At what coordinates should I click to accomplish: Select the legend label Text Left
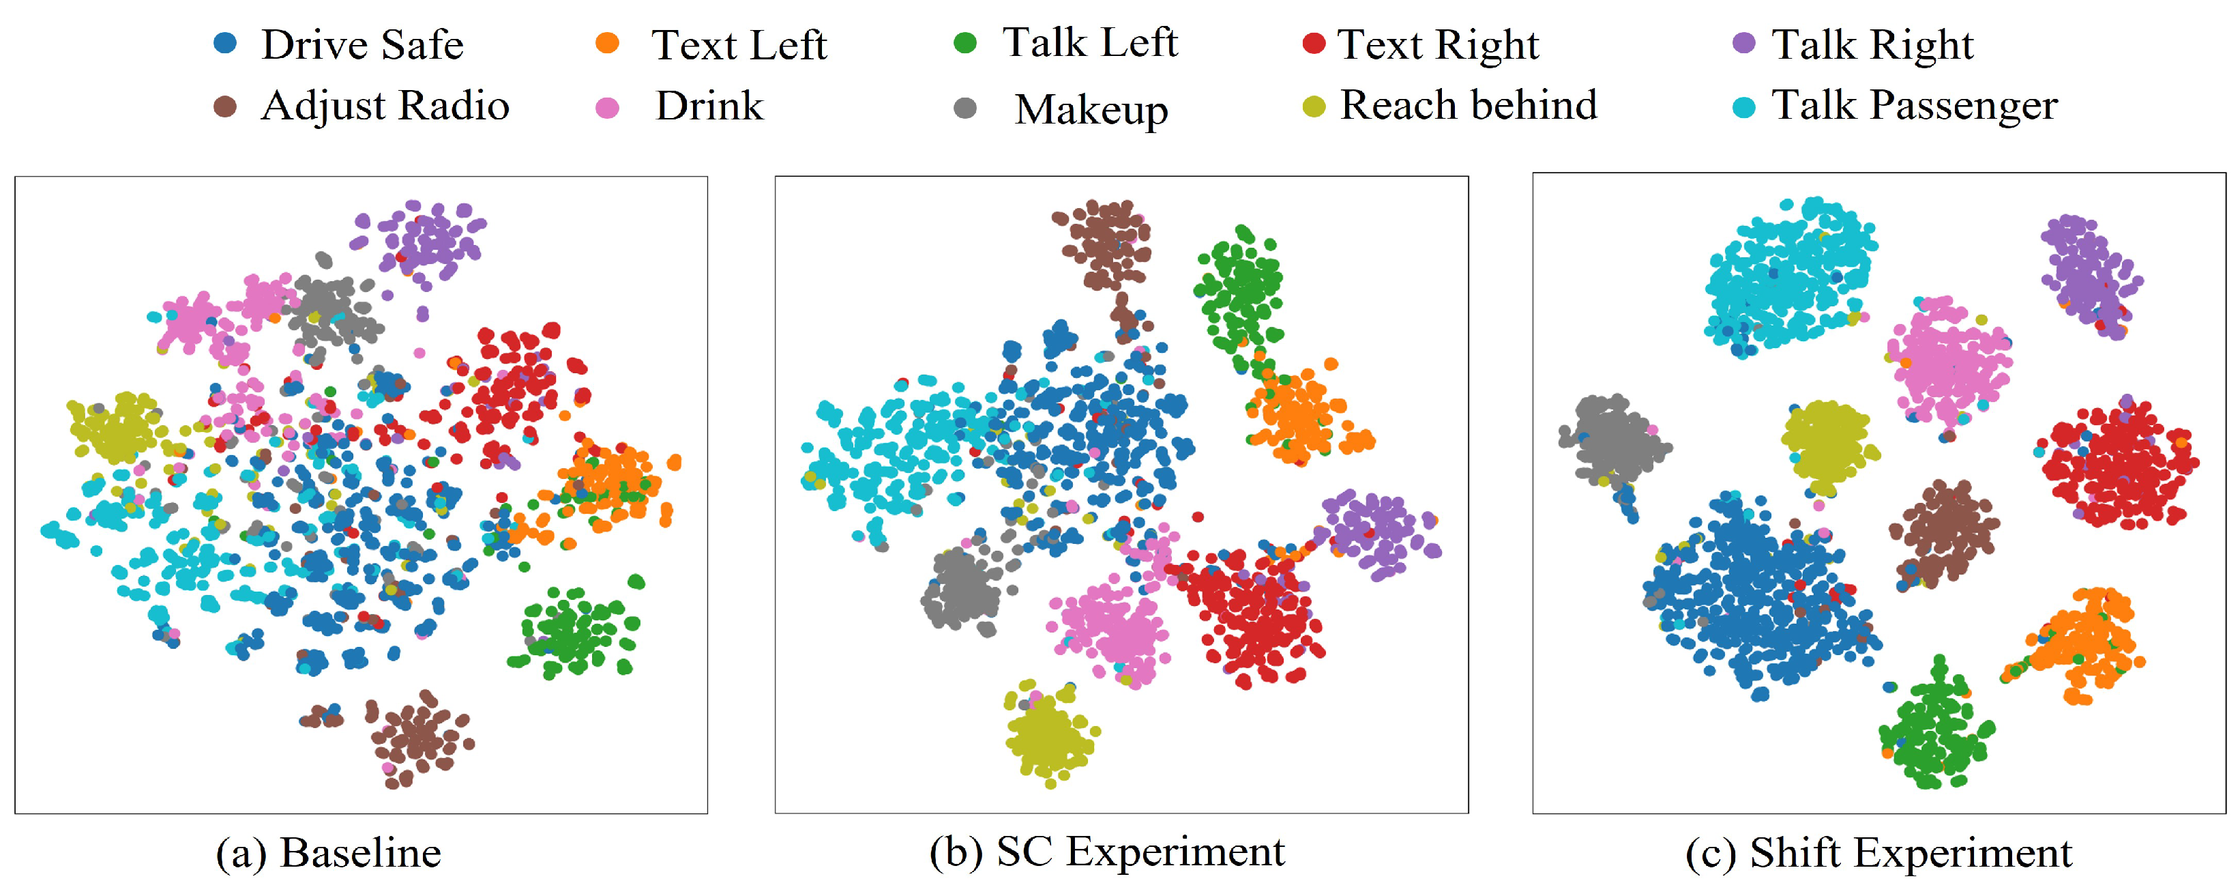(x=739, y=45)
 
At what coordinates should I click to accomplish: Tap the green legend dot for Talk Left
(x=965, y=42)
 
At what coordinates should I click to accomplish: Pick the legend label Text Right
(x=1439, y=45)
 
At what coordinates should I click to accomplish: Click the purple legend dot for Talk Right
(x=1743, y=42)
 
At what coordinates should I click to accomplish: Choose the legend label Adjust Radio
(x=385, y=106)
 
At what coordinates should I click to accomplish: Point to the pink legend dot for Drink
(x=607, y=108)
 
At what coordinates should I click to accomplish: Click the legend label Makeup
(x=1091, y=111)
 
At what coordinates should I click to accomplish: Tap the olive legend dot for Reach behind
(x=1314, y=107)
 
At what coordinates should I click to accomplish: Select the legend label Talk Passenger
(x=1915, y=106)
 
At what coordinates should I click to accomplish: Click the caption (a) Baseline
(x=329, y=852)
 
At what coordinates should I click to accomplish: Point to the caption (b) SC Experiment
(x=1107, y=852)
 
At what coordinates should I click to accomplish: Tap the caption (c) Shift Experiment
(x=1878, y=852)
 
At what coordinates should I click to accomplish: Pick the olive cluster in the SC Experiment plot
(x=1048, y=735)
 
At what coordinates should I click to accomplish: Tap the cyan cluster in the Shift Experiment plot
(x=1787, y=274)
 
